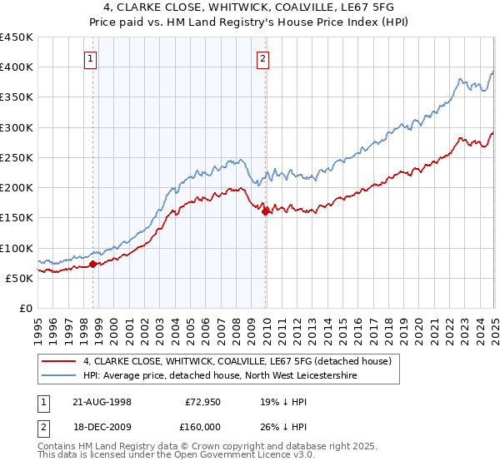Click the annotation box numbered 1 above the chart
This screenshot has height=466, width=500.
89,58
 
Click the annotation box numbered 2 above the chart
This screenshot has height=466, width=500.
262,58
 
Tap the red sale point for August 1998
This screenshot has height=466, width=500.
93,264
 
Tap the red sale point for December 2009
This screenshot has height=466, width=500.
266,211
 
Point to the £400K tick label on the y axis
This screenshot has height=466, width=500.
17,67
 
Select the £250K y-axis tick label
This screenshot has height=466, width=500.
17,157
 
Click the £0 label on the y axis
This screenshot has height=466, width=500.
26,308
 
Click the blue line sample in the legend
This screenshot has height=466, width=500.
57,376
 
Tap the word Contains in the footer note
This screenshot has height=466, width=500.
59,446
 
